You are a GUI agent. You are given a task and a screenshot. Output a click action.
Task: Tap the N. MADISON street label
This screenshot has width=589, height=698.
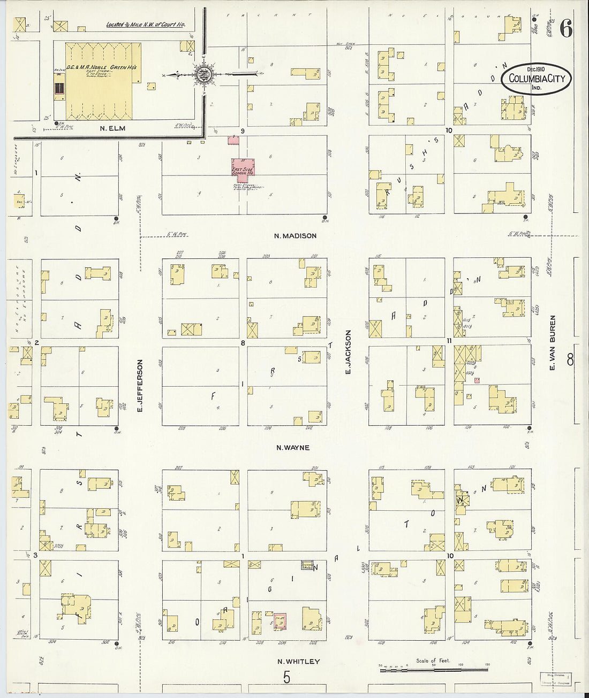point(295,236)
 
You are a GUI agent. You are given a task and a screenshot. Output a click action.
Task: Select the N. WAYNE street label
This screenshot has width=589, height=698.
point(292,448)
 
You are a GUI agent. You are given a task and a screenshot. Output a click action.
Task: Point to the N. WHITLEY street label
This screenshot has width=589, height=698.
point(298,662)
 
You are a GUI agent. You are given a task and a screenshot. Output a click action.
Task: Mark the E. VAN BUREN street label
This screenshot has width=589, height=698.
point(553,342)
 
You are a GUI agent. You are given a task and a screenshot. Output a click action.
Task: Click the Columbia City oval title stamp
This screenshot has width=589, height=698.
point(537,79)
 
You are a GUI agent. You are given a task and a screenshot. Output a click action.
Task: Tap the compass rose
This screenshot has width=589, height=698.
point(204,74)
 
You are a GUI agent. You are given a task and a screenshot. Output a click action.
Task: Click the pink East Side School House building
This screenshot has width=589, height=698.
point(243,167)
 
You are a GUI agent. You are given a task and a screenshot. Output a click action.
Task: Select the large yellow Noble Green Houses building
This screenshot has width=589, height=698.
point(99,81)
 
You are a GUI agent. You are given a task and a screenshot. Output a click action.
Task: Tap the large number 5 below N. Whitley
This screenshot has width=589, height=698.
point(287,678)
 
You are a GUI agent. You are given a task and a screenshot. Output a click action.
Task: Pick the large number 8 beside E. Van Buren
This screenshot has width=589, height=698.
point(570,359)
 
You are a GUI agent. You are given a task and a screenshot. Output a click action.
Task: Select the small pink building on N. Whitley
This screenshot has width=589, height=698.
point(280,622)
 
